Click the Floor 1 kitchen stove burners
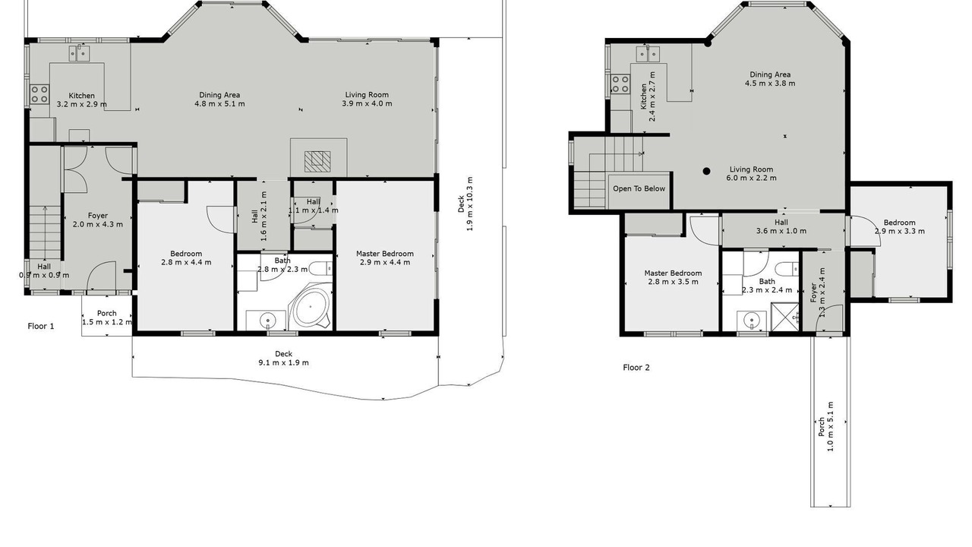39,94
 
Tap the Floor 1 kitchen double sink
79,54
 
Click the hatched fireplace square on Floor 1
317,162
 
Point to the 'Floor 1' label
41,326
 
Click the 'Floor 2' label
636,367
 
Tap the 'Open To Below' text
639,188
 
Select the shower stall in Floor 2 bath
784,317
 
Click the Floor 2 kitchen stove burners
620,84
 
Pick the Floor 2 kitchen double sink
648,54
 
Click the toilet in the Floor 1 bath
320,268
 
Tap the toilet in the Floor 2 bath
787,269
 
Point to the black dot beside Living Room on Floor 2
706,171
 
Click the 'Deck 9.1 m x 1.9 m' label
284,358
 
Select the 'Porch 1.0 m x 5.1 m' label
825,427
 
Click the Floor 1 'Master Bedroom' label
385,254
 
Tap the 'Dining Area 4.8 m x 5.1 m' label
219,99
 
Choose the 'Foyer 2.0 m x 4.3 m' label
98,220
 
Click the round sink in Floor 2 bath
752,321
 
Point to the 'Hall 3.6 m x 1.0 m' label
781,226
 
